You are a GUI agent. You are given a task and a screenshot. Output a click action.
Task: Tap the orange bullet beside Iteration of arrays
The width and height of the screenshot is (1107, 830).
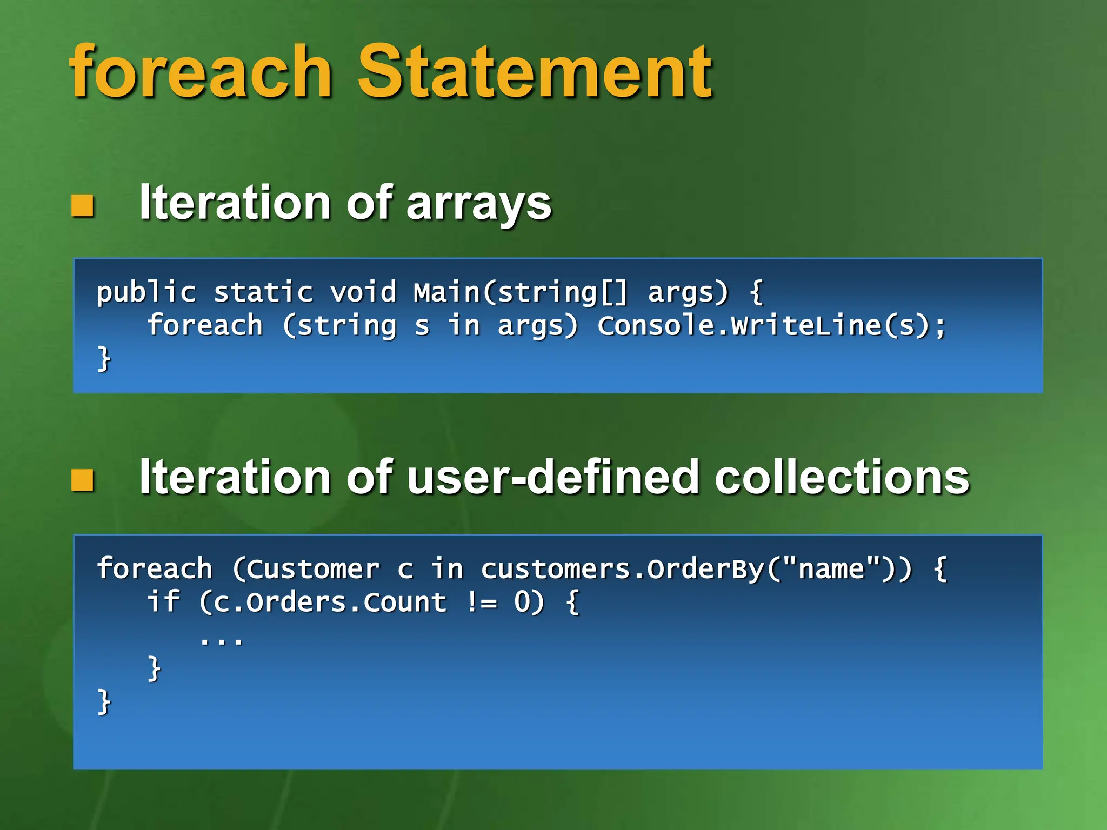(x=83, y=206)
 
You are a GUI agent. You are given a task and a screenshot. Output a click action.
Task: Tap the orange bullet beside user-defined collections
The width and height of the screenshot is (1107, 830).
(x=83, y=480)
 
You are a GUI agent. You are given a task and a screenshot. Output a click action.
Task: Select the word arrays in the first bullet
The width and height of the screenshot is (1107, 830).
(x=478, y=204)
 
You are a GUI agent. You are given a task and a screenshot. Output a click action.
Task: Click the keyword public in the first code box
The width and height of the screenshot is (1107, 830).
(x=146, y=292)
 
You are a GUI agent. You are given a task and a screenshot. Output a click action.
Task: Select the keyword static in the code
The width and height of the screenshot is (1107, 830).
(x=263, y=292)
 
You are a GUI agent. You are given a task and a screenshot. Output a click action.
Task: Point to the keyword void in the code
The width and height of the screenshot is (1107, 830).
(x=363, y=292)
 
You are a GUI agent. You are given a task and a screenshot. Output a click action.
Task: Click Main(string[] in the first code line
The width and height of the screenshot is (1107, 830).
(x=521, y=292)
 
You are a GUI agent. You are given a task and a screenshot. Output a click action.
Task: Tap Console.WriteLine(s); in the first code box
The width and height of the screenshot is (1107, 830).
(x=771, y=326)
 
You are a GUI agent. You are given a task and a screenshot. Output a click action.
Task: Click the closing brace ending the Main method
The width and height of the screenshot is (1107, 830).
(x=104, y=358)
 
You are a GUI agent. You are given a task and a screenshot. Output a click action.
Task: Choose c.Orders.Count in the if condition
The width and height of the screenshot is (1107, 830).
(x=330, y=603)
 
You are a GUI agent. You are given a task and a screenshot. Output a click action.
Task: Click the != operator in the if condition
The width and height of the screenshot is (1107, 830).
(x=481, y=603)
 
